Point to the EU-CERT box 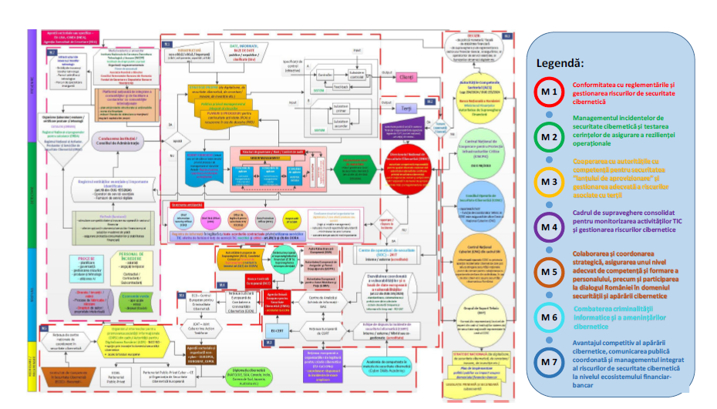point(275,330)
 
